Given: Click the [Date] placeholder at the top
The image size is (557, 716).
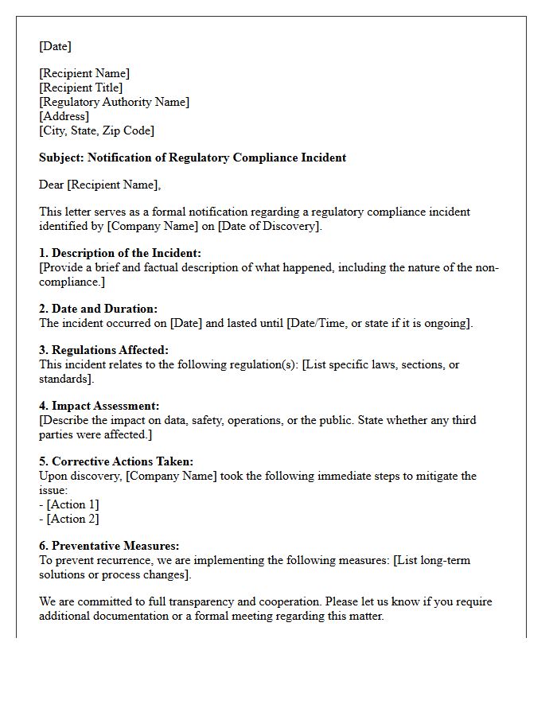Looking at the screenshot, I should pyautogui.click(x=55, y=46).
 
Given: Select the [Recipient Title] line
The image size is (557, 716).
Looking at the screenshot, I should pyautogui.click(x=80, y=88).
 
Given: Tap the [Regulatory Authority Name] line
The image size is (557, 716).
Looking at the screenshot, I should pyautogui.click(x=114, y=102).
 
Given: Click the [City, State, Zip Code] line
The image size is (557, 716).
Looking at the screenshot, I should pyautogui.click(x=96, y=130).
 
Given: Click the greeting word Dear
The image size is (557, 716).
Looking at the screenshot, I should pyautogui.click(x=52, y=185).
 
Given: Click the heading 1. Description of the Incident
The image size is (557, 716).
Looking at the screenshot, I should pyautogui.click(x=120, y=253).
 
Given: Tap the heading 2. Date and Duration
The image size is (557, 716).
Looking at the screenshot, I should pyautogui.click(x=98, y=309).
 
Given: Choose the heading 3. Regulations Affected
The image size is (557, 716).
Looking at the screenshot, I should pyautogui.click(x=103, y=350).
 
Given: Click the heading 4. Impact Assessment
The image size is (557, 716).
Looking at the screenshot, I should pyautogui.click(x=99, y=406).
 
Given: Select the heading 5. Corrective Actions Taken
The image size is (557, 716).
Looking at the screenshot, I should pyautogui.click(x=116, y=461).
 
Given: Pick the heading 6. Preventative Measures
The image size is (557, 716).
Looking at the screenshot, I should pyautogui.click(x=109, y=546).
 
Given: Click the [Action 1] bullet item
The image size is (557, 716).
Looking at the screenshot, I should pyautogui.click(x=72, y=504).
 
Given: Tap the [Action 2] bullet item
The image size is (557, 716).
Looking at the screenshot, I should pyautogui.click(x=72, y=519).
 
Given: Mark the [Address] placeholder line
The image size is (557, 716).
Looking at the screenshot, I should pyautogui.click(x=64, y=116).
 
